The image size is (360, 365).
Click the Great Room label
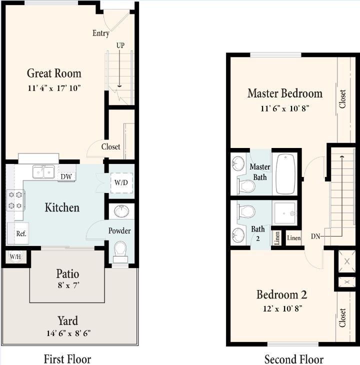click(x=54, y=73)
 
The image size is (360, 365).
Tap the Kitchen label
click(x=62, y=207)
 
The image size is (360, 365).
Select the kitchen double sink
click(x=43, y=172)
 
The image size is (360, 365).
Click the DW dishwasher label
click(x=65, y=176)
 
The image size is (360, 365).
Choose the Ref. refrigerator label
click(x=21, y=233)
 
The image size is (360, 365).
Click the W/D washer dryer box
click(x=121, y=182)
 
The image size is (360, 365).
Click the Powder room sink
click(x=121, y=211)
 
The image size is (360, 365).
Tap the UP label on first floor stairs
click(x=120, y=45)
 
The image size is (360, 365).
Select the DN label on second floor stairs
click(x=315, y=236)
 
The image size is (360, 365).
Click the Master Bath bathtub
click(x=285, y=173)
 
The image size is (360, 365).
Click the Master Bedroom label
click(x=285, y=93)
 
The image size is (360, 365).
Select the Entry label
click(x=100, y=33)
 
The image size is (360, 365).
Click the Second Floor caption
click(x=293, y=359)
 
